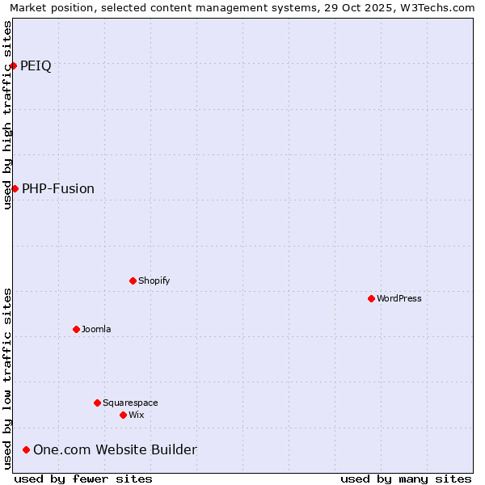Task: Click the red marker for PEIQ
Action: [x=14, y=65]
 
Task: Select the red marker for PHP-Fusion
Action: [x=15, y=188]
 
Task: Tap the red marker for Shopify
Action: [x=133, y=280]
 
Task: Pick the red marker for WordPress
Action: [x=371, y=298]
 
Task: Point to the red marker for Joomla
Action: [x=76, y=329]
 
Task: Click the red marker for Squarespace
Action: [x=97, y=403]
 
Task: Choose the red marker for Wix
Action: [x=123, y=415]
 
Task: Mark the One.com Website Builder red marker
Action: [x=26, y=449]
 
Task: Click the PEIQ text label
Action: [x=36, y=66]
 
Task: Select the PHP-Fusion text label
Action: [x=58, y=189]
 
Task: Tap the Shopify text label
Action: [x=154, y=281]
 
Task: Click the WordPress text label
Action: [x=399, y=299]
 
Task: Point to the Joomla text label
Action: [x=96, y=330]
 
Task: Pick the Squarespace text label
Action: [x=130, y=403]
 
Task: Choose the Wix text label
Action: [x=136, y=415]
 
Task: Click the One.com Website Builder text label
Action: [x=115, y=450]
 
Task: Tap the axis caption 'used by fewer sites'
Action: [x=83, y=479]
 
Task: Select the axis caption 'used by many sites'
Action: [x=406, y=479]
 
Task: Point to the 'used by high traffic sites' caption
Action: [x=7, y=115]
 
